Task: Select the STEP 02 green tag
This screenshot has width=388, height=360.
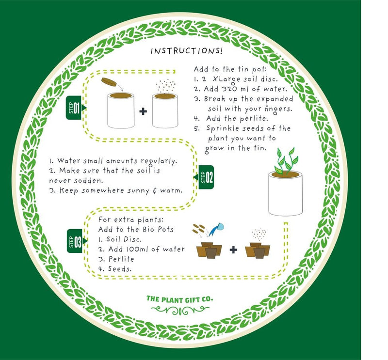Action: click(x=206, y=177)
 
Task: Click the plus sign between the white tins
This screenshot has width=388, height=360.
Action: click(x=143, y=111)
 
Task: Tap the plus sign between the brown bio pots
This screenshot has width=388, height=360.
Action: click(x=233, y=250)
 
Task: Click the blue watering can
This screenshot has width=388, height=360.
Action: click(x=220, y=227)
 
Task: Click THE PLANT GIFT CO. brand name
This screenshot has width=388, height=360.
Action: click(x=179, y=298)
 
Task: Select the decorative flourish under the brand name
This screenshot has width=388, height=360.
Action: click(x=179, y=310)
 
